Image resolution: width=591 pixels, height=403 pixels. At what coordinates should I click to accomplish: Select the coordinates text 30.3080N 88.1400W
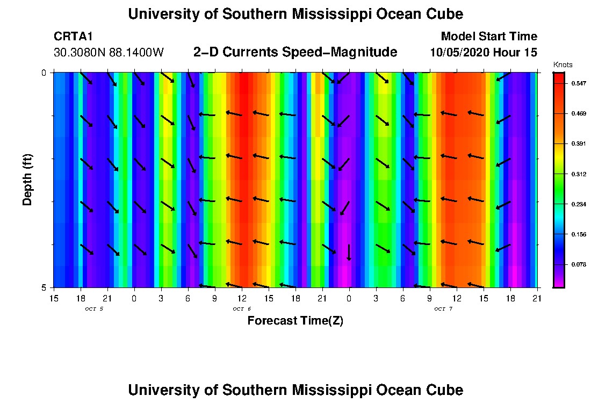coord(109,53)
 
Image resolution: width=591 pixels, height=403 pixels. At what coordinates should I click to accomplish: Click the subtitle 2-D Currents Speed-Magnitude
coord(295,52)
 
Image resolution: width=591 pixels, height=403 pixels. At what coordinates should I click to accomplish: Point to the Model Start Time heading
coord(488,37)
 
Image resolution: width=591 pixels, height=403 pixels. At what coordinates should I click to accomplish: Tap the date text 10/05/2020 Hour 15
coord(484,53)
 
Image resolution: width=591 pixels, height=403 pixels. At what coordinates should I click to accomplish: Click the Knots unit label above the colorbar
coord(563,64)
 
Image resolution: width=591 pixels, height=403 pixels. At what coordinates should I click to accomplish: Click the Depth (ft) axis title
coord(27,179)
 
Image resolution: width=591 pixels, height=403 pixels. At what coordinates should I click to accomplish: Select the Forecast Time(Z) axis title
coord(295,321)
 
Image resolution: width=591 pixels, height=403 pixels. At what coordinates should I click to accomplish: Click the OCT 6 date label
coord(242,308)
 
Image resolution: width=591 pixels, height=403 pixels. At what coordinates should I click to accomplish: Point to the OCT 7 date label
coord(443,308)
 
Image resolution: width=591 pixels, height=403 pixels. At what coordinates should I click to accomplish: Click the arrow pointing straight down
coord(349,252)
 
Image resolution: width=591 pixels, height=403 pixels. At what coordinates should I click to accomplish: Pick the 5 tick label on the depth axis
coord(44,287)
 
